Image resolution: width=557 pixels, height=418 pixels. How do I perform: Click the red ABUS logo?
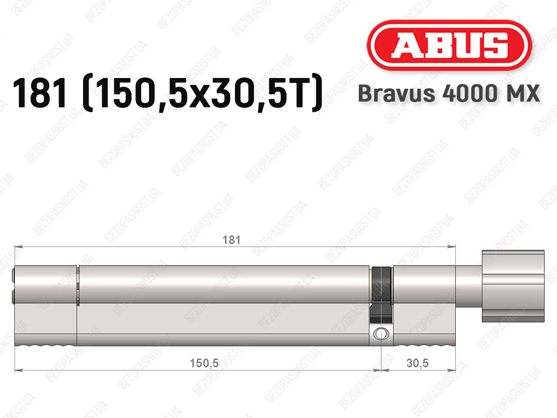tap(449, 46)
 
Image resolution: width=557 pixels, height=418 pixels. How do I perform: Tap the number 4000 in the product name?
tap(470, 93)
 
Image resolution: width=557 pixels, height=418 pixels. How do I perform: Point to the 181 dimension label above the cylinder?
tap(231, 240)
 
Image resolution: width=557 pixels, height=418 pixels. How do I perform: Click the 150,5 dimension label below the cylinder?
tap(204, 363)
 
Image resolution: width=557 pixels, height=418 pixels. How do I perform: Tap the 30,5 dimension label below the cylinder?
tap(417, 363)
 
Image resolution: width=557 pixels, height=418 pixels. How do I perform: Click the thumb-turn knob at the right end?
tap(513, 286)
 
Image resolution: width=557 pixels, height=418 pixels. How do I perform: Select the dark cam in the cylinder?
tap(381, 294)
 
